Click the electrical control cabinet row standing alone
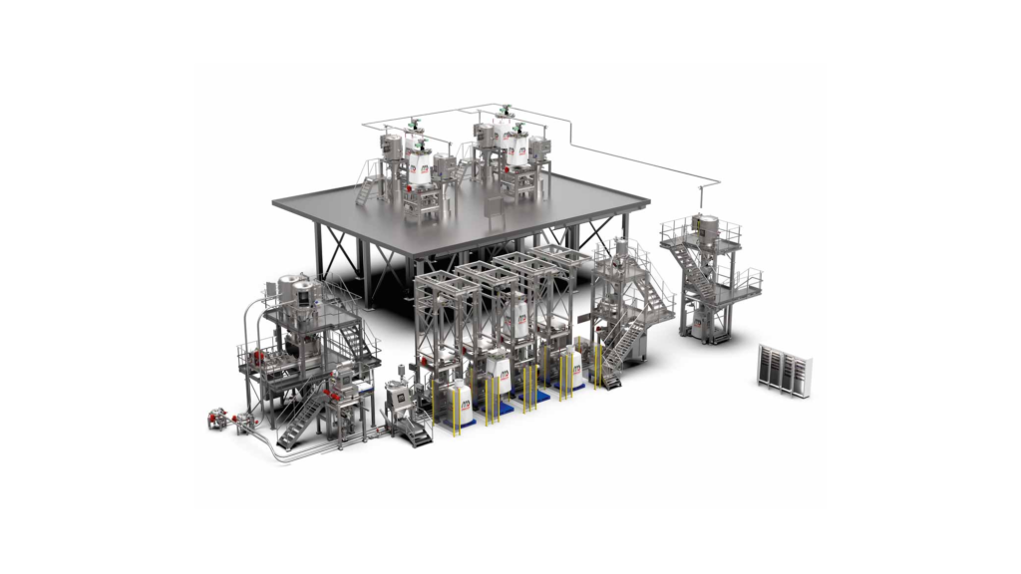click(x=785, y=370)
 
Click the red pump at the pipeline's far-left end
click(x=215, y=420)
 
